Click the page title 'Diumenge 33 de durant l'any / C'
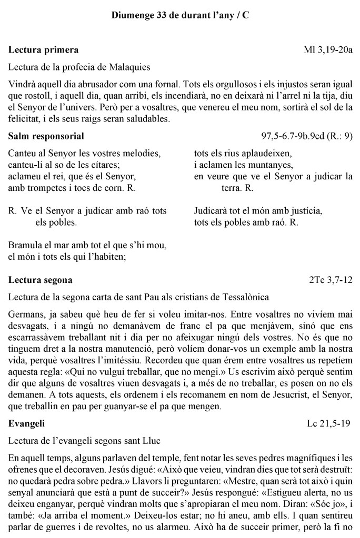point(180,16)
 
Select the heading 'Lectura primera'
point(44,50)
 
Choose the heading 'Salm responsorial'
point(46,136)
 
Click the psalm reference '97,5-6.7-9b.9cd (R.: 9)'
point(307,136)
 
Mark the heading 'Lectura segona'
point(41,279)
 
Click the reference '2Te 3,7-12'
point(331,279)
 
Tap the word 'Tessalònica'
point(245,297)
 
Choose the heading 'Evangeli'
point(27,423)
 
